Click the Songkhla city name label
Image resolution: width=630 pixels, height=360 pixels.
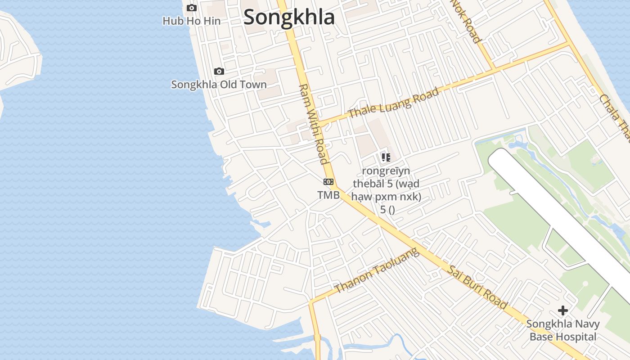(289, 18)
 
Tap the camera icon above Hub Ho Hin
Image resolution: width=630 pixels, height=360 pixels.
(192, 8)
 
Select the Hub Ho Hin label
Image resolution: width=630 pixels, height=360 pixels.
(192, 21)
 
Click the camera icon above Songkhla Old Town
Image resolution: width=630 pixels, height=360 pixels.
(219, 71)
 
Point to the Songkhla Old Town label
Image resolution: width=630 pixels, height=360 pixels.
(219, 85)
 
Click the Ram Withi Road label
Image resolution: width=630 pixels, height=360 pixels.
(312, 124)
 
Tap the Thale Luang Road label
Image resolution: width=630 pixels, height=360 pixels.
(393, 103)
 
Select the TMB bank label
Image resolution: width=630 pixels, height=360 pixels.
(328, 195)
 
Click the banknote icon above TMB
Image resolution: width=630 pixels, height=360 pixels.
(328, 182)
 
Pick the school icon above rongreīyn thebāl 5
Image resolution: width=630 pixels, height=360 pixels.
(386, 157)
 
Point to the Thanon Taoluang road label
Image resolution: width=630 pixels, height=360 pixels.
(377, 271)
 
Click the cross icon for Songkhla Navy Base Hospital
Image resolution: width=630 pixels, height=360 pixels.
(562, 310)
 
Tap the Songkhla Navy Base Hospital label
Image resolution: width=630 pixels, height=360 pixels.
(562, 330)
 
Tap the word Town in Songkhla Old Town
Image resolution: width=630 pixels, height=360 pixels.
(255, 85)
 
